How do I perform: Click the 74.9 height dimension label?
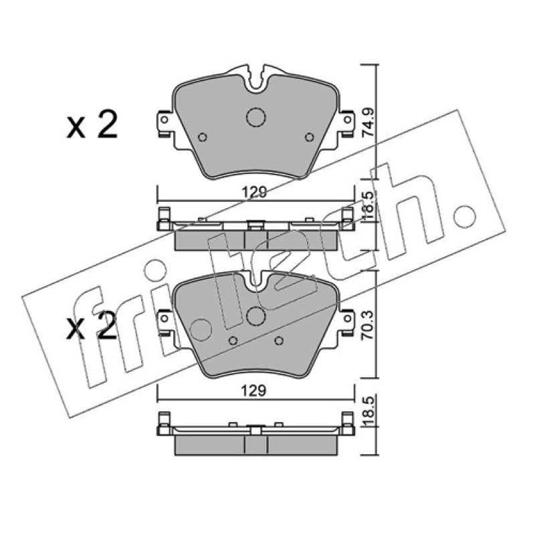point(368,123)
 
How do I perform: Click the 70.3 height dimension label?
point(368,324)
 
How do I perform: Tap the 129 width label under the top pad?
point(254,193)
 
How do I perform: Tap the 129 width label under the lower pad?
point(254,391)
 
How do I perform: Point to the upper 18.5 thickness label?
point(368,207)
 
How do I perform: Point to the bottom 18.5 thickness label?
point(368,411)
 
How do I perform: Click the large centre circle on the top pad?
point(255,117)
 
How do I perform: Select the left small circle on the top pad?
point(203,137)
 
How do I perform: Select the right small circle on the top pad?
point(310,137)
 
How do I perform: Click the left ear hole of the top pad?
point(164,120)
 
